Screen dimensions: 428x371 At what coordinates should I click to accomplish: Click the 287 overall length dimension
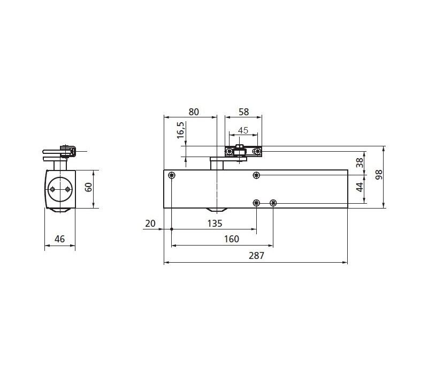coord(257,256)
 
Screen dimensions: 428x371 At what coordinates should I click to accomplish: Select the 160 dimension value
coord(232,239)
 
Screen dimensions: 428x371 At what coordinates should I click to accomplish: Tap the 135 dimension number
coord(215,224)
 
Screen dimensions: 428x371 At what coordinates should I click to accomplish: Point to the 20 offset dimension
coord(150,224)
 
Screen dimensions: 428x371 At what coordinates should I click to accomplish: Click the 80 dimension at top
coord(194,112)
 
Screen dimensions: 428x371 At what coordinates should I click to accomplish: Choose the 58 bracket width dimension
coord(244,112)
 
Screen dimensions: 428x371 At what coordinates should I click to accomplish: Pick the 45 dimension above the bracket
coord(243,130)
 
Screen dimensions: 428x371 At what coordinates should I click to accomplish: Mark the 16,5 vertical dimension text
coord(180,130)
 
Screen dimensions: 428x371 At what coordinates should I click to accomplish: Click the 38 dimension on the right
coord(360,163)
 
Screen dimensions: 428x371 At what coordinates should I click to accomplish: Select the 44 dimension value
coord(360,188)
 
